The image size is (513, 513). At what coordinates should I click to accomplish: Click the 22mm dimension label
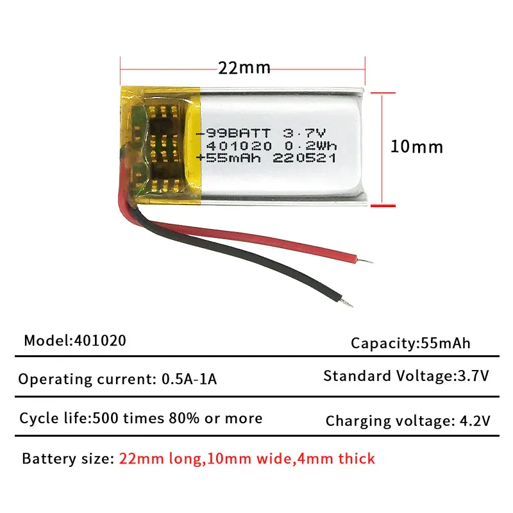click(244, 68)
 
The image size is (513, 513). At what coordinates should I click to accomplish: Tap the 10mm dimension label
click(417, 147)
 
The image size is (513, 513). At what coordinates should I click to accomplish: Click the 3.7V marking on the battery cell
click(304, 133)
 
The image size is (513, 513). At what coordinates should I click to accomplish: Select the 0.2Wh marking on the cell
click(310, 146)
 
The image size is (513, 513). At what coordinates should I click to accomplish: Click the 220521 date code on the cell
click(304, 158)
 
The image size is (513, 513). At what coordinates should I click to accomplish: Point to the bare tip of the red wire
click(365, 261)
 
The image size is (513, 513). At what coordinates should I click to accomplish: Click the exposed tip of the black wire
click(347, 303)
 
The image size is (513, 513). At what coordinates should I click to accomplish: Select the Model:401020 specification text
click(75, 341)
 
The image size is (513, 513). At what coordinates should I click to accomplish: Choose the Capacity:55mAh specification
click(410, 343)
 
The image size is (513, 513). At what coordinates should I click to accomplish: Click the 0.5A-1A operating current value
click(189, 379)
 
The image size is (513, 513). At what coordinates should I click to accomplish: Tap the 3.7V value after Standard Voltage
click(473, 376)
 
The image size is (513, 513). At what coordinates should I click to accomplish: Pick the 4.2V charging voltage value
click(475, 421)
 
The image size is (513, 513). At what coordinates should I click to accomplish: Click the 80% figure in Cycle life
click(184, 418)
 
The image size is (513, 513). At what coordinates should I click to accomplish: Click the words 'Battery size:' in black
click(68, 458)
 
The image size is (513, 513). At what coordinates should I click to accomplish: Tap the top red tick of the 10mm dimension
click(383, 93)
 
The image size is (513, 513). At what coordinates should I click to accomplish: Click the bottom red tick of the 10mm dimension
click(383, 206)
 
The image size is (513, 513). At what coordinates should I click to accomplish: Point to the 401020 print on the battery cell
click(239, 146)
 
